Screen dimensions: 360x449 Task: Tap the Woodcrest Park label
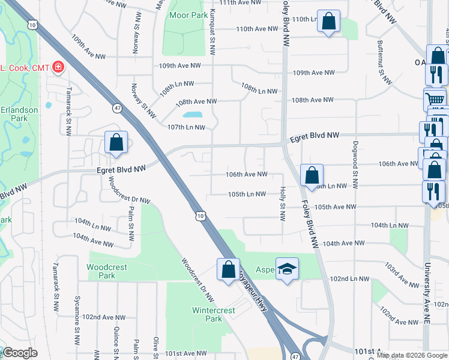click(101, 271)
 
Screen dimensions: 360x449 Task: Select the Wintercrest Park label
click(208, 314)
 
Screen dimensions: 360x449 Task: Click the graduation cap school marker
click(287, 269)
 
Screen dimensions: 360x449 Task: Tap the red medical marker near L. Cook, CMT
click(58, 67)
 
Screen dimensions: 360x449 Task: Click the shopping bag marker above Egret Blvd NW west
click(116, 143)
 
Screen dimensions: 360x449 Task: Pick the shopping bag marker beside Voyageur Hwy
click(228, 269)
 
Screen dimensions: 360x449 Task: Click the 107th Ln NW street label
click(186, 127)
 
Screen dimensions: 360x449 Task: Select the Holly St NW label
click(282, 202)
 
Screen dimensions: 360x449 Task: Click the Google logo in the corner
click(20, 353)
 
